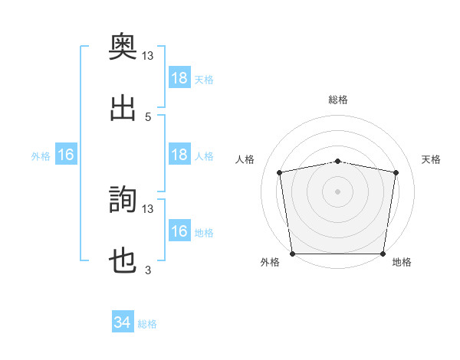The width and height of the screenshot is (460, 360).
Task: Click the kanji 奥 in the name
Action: coord(123,46)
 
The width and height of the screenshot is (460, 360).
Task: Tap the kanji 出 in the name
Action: coord(123,108)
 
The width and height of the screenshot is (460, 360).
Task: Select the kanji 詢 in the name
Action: coord(123,199)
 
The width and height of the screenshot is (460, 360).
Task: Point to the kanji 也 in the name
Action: coord(123,260)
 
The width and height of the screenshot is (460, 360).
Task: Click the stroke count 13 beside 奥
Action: coord(147,56)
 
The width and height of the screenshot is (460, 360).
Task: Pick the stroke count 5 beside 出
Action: coord(148,117)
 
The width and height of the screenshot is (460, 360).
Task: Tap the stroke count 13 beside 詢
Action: coord(147,209)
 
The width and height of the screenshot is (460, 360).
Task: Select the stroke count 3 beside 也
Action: coord(148,270)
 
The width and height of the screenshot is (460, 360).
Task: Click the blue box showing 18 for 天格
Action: coord(179,77)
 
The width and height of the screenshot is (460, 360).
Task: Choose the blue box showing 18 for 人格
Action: coord(179,154)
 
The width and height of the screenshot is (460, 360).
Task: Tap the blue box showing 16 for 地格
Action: coord(179,230)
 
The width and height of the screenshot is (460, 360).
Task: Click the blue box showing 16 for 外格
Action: coord(66,154)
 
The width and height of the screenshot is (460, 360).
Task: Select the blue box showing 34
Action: coord(123,321)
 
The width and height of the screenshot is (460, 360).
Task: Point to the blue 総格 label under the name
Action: coord(147,324)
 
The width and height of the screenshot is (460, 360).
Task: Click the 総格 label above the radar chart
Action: coord(338,100)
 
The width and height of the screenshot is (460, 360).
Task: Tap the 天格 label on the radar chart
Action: coord(431,159)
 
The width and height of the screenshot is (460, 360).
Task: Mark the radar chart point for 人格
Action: coord(279,172)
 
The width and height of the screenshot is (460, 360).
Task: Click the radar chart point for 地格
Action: coord(383,254)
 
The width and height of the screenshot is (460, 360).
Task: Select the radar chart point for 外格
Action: coord(293,254)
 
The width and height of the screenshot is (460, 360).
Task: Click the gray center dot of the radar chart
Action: coord(337,191)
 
